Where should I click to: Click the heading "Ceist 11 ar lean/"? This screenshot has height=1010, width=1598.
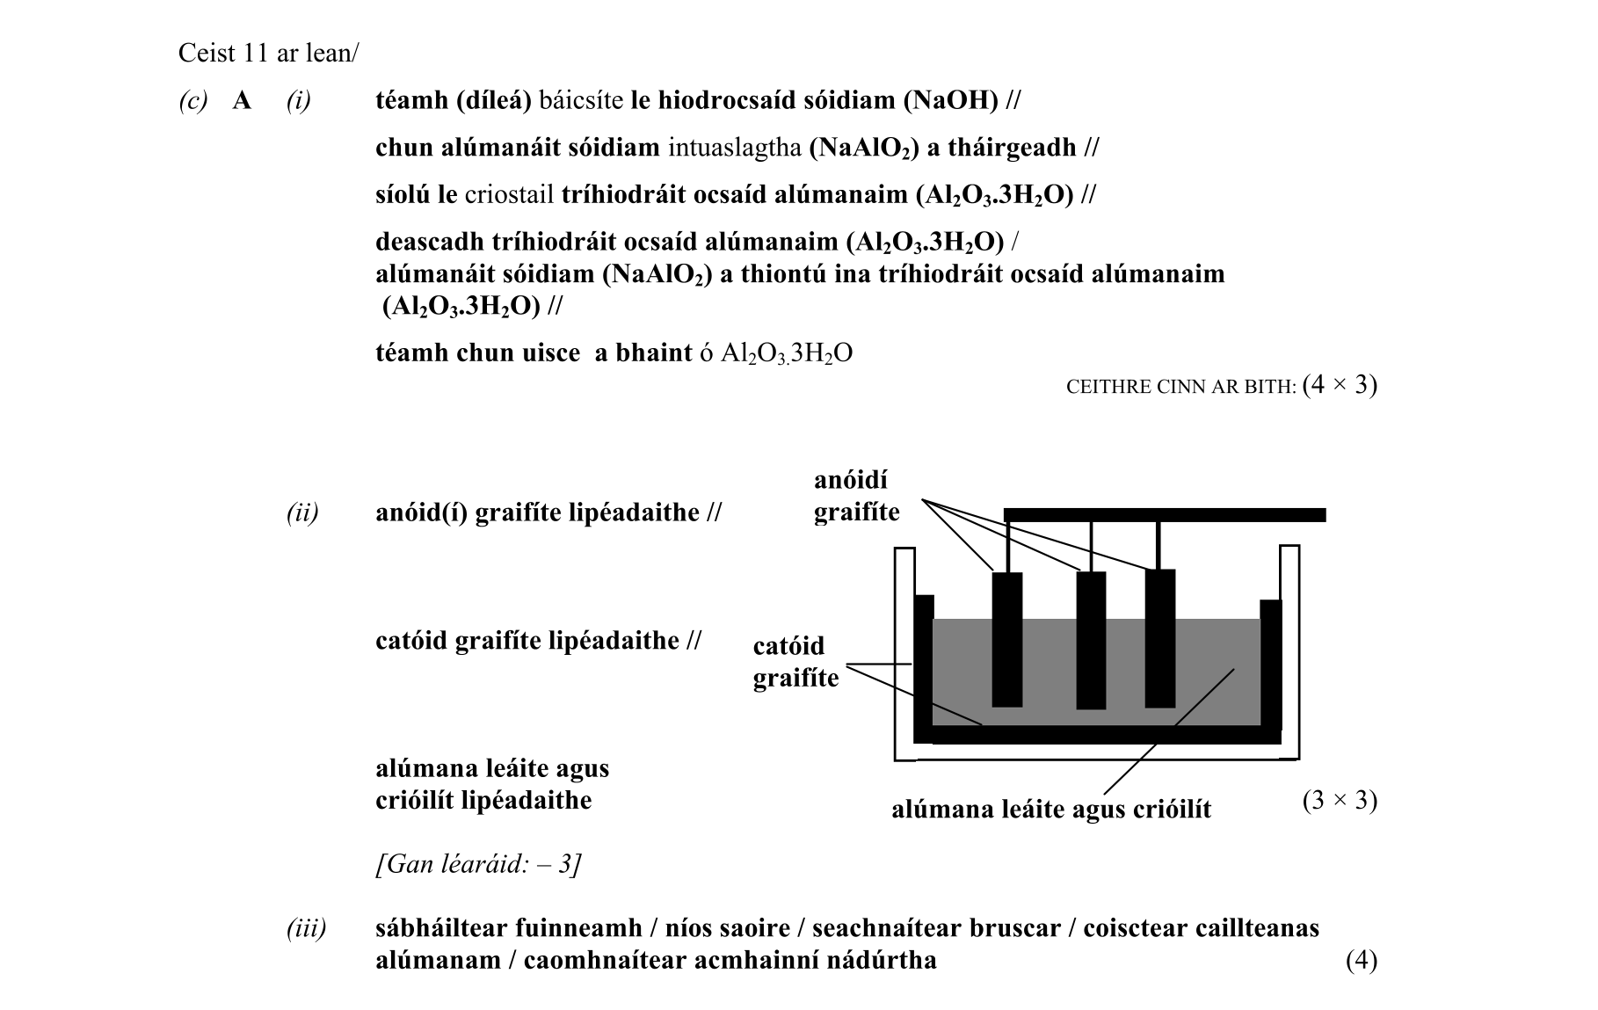coord(268,54)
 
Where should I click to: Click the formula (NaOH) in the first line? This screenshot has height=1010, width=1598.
coord(951,100)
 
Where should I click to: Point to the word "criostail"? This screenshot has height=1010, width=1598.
coord(509,194)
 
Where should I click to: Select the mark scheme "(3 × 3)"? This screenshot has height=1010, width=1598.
coord(1340,801)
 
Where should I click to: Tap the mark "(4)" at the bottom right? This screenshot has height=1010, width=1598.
coord(1361,961)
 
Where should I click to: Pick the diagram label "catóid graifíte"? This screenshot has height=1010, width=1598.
coord(795,662)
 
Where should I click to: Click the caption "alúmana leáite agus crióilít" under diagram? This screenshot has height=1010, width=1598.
coord(1051,809)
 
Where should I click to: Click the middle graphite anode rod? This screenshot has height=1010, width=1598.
coord(1091,640)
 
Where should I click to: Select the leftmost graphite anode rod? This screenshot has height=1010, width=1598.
coord(1007,639)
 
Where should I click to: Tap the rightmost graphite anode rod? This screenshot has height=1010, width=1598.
coord(1160,638)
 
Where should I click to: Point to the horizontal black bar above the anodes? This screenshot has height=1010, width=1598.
coord(1165,514)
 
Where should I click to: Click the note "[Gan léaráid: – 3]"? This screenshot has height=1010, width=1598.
coord(478,865)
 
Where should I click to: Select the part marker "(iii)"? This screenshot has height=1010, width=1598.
coord(306,928)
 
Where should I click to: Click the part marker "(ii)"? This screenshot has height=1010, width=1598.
coord(302,512)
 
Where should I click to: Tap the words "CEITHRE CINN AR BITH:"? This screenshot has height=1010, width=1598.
coord(1181,388)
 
